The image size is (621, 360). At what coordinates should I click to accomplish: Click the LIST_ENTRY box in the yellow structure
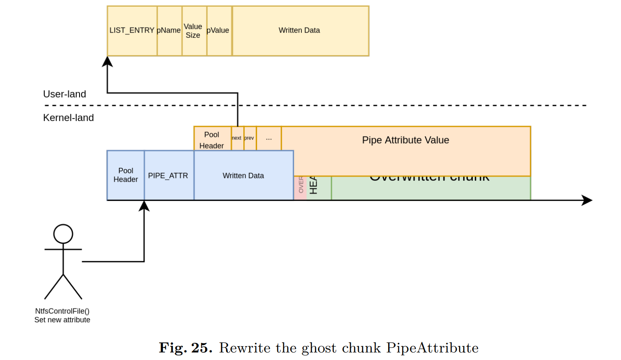click(132, 31)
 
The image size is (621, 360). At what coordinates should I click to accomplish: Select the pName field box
click(169, 31)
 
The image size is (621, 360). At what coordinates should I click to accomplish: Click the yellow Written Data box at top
click(300, 31)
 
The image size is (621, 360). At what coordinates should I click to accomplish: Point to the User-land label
click(64, 94)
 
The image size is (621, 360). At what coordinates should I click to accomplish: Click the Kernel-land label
click(68, 118)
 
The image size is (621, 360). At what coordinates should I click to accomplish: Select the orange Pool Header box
click(212, 139)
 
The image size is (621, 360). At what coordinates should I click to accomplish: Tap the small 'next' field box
click(237, 138)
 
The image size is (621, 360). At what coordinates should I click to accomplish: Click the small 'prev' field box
click(250, 138)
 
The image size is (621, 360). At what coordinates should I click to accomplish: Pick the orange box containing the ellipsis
click(268, 138)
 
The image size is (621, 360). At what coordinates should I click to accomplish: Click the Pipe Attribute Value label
click(405, 140)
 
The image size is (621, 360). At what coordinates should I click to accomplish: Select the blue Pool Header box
click(126, 175)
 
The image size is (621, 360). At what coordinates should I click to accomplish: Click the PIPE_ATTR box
click(168, 175)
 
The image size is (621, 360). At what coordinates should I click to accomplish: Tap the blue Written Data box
click(243, 175)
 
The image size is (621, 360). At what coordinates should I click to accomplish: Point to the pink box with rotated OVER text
click(300, 188)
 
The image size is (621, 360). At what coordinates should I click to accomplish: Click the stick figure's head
click(63, 234)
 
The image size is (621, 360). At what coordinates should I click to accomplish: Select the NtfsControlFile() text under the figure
click(62, 311)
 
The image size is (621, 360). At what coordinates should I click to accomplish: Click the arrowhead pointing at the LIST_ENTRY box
click(108, 62)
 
